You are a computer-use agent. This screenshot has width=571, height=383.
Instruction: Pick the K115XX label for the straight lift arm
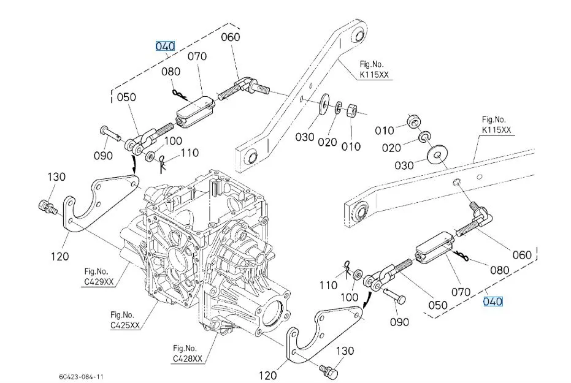click(x=497, y=125)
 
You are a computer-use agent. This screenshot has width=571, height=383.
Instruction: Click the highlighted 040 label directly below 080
click(x=493, y=301)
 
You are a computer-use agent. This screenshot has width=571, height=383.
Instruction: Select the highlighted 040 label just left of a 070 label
click(x=165, y=46)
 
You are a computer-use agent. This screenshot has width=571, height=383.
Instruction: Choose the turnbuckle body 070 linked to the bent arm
click(x=195, y=110)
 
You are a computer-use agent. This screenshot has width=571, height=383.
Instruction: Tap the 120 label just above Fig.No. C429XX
click(x=59, y=256)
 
